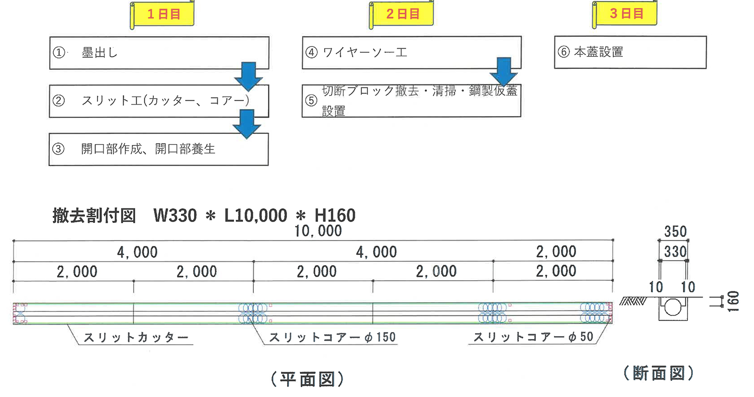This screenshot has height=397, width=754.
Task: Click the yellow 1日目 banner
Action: [162, 14]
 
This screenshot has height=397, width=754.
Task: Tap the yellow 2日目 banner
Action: [401, 14]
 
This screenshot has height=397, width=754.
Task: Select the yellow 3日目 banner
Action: [625, 14]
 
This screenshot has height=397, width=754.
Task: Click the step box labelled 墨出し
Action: [159, 53]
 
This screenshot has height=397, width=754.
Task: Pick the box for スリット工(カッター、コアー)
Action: [159, 101]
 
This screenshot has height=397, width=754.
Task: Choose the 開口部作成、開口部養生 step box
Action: [158, 149]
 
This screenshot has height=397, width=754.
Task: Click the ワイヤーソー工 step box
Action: [412, 52]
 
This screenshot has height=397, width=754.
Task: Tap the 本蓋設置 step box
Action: [630, 52]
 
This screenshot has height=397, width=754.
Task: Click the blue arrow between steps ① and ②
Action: [248, 76]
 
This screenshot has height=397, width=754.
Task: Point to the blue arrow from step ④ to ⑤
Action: [504, 72]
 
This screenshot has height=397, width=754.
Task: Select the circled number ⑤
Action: [311, 101]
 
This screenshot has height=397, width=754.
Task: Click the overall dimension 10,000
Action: [318, 231]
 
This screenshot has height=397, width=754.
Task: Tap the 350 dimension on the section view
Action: [675, 231]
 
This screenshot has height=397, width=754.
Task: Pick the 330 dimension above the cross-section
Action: [675, 252]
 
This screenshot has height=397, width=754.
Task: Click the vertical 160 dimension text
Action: [733, 301]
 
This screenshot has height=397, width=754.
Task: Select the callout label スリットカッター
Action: [136, 337]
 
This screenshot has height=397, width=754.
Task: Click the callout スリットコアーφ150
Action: [332, 337]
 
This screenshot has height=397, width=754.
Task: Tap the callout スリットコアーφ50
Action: [533, 337]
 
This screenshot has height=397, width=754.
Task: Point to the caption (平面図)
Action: [307, 379]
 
